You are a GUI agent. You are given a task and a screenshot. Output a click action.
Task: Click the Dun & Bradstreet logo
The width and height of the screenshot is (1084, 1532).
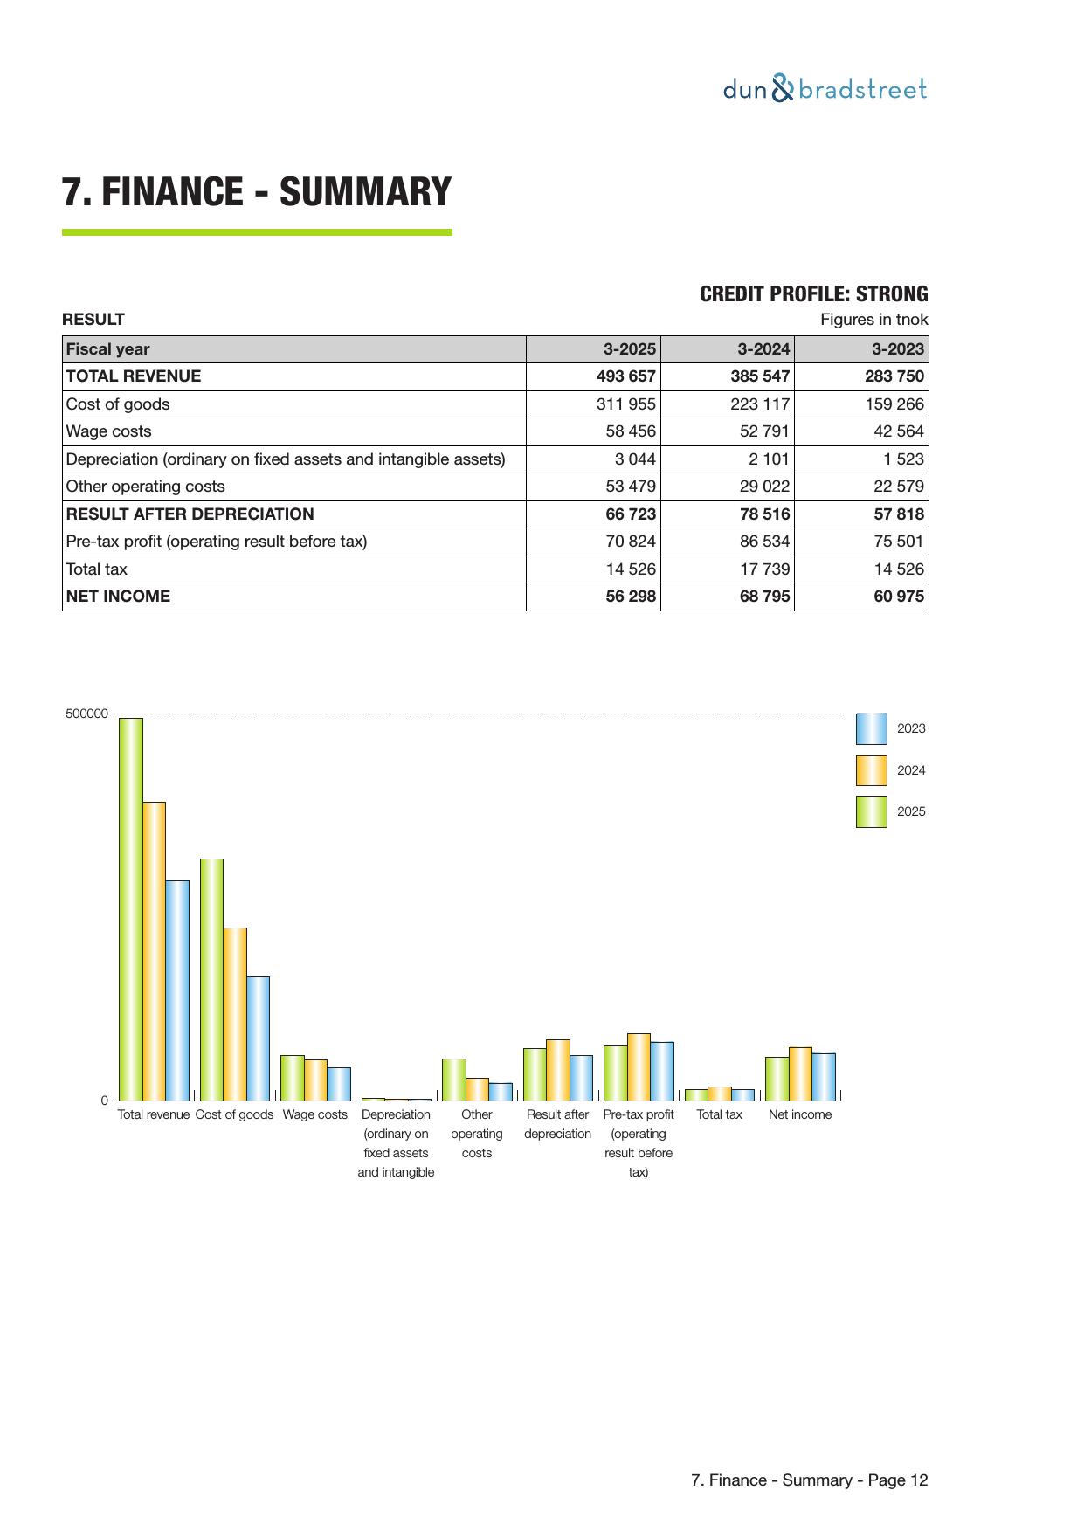pyautogui.click(x=825, y=89)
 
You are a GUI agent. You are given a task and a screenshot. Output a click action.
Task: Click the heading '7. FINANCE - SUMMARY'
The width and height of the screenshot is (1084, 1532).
pyautogui.click(x=257, y=192)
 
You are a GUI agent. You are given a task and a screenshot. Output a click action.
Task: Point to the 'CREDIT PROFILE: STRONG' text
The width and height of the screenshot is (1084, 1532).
pyautogui.click(x=813, y=294)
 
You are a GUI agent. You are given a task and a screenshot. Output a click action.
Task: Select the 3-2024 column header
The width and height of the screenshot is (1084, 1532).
pyautogui.click(x=763, y=349)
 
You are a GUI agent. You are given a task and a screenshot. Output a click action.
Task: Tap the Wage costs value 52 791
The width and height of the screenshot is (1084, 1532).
pyautogui.click(x=764, y=431)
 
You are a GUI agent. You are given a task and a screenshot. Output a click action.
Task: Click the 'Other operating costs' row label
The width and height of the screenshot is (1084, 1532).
pyautogui.click(x=145, y=487)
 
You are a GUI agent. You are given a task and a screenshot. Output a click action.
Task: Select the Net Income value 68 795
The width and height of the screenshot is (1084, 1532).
pyautogui.click(x=764, y=597)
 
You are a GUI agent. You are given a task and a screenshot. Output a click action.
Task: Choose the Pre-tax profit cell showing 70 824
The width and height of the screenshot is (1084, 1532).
pyautogui.click(x=630, y=542)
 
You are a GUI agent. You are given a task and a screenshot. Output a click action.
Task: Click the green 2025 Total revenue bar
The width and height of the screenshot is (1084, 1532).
pyautogui.click(x=131, y=908)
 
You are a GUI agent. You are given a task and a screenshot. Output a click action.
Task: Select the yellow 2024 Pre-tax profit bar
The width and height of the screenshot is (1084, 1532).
pyautogui.click(x=639, y=1066)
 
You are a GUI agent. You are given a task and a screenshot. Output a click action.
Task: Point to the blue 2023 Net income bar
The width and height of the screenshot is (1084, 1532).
pyautogui.click(x=824, y=1076)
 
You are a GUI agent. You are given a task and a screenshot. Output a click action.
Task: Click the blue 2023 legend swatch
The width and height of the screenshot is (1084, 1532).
pyautogui.click(x=871, y=728)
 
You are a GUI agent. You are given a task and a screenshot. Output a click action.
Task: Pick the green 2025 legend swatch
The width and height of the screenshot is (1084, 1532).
pyautogui.click(x=871, y=811)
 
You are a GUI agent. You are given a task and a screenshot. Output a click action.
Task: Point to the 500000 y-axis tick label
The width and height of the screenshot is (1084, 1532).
pyautogui.click(x=87, y=714)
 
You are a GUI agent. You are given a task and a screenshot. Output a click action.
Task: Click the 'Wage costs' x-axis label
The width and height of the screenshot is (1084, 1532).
pyautogui.click(x=314, y=1114)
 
